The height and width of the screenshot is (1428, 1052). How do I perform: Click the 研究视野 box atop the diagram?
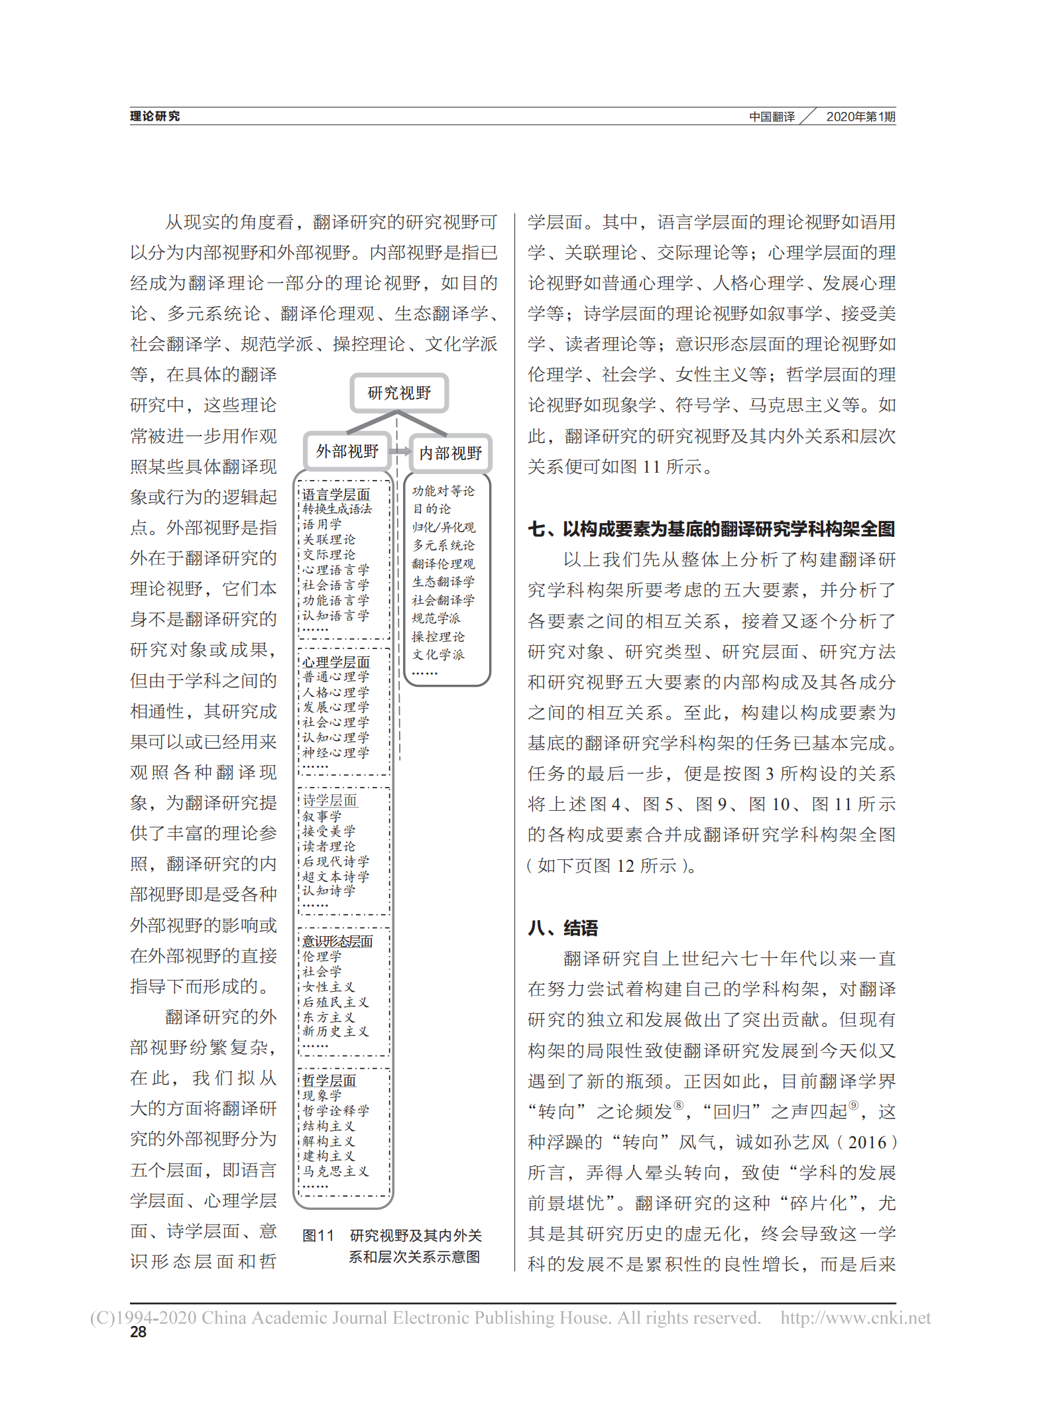pos(399,393)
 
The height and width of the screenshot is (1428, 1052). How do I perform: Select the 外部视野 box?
pos(347,451)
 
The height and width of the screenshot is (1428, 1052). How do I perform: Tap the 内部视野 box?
pos(450,453)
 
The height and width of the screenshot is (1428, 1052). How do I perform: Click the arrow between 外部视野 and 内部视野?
pos(400,451)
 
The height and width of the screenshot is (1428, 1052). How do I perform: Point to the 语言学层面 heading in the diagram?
pos(336,495)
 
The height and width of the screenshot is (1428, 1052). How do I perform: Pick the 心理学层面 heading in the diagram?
pos(336,662)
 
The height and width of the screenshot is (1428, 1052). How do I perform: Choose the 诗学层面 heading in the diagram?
pos(329,801)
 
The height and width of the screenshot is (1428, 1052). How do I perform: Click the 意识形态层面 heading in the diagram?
pos(337,941)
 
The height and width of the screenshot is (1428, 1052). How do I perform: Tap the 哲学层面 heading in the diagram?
pos(329,1081)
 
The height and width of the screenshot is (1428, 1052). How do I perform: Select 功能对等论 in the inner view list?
pos(443,491)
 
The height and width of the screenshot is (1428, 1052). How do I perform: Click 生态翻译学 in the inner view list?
pos(443,582)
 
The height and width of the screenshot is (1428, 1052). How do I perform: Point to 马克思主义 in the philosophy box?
pos(335,1171)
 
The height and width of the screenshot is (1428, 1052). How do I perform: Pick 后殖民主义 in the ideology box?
pos(335,1002)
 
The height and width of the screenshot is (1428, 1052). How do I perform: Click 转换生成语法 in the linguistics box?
pos(337,509)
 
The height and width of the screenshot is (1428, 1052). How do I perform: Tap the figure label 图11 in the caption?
pos(318,1236)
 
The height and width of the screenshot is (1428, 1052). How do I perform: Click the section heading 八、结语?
pos(563,928)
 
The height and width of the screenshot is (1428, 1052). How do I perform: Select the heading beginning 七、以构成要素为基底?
pos(711,529)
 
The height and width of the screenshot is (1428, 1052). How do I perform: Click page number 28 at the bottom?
pos(138,1333)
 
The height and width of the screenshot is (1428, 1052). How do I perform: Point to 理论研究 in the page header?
pos(154,117)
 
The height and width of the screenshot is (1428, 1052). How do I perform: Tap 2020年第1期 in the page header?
pos(860,117)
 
